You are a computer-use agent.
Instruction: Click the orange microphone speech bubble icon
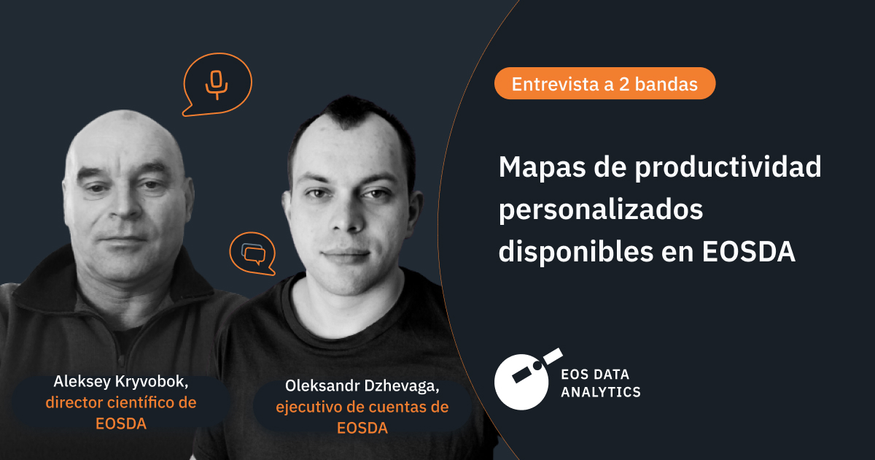coord(217,83)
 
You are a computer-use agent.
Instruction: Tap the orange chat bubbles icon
coord(252,253)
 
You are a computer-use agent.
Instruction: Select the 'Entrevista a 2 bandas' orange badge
coord(604,84)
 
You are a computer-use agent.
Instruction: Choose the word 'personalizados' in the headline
coord(600,210)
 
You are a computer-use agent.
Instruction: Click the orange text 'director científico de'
coord(121,402)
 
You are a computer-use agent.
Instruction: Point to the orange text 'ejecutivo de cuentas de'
coord(362,407)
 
